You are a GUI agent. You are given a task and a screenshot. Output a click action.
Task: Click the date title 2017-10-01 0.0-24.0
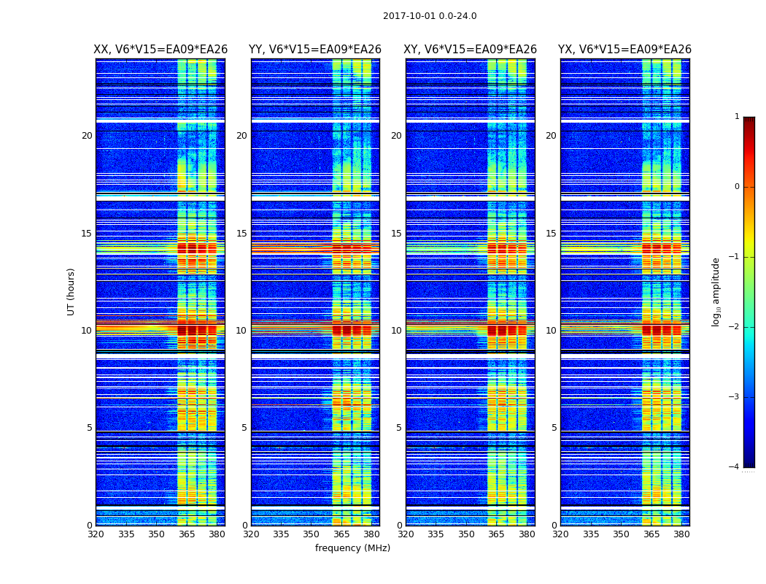(430, 16)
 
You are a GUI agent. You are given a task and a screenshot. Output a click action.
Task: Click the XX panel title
(160, 50)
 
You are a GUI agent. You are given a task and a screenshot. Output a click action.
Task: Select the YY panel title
(315, 50)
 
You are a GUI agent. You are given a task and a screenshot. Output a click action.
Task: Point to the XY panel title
(470, 50)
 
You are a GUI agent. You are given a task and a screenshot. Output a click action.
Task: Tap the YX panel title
(624, 50)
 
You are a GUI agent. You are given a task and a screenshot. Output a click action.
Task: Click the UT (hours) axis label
(71, 291)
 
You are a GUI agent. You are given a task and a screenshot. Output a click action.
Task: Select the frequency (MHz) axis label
(352, 548)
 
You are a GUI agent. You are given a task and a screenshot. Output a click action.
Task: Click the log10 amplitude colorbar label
(716, 291)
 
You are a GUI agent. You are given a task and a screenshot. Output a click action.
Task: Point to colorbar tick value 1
(737, 117)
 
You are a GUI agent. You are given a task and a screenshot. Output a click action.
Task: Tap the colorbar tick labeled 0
(737, 187)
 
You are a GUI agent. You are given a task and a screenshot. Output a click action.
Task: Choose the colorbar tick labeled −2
(735, 327)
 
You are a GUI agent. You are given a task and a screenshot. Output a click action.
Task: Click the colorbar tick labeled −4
(735, 467)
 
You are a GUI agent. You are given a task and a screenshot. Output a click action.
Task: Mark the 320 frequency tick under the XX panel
(96, 534)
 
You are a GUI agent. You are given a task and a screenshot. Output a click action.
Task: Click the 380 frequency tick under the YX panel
(681, 534)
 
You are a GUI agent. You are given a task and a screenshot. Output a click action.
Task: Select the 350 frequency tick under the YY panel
(312, 534)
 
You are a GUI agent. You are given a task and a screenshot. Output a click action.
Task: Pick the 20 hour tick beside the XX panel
(87, 136)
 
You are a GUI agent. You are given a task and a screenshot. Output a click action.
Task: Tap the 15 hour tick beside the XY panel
(396, 234)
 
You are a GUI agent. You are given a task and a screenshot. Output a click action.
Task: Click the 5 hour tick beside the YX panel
(554, 428)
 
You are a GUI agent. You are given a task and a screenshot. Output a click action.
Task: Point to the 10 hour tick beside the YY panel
(241, 331)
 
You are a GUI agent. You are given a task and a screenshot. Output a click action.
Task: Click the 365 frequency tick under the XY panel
(497, 534)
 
